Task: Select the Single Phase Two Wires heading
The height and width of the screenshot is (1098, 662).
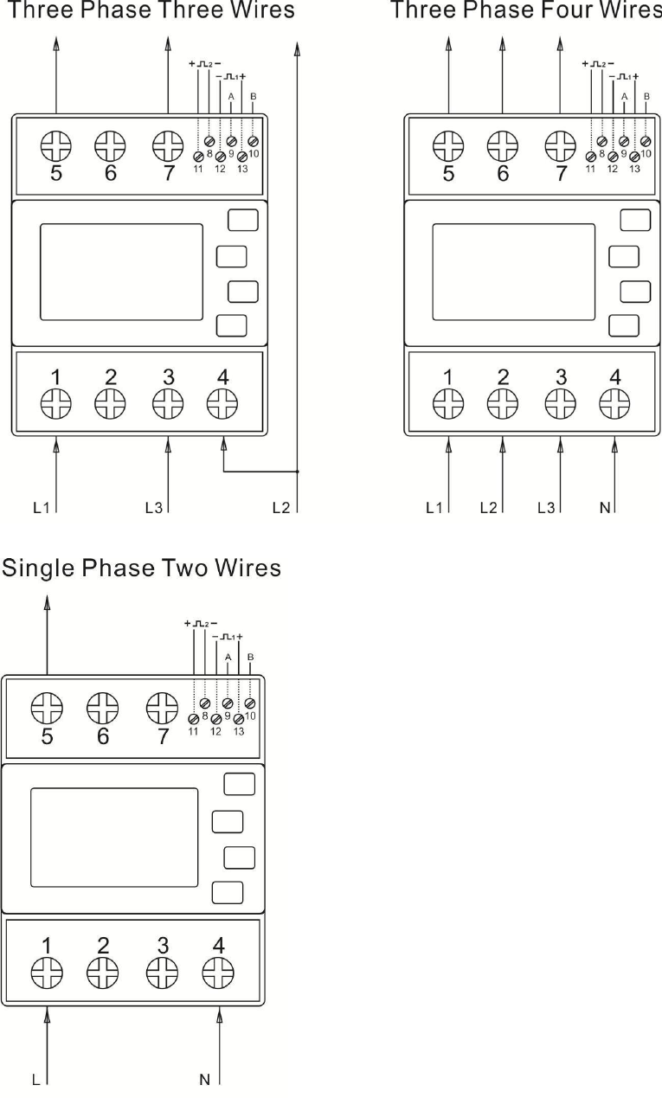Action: tap(142, 568)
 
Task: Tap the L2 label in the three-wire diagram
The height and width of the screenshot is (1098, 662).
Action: tap(280, 507)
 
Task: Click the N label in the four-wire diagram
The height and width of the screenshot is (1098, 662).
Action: tap(605, 507)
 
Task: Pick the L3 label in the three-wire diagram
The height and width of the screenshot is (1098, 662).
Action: tap(154, 507)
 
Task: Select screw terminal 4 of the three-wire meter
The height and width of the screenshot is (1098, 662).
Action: tap(222, 403)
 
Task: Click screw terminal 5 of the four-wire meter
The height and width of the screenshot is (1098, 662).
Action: tap(448, 144)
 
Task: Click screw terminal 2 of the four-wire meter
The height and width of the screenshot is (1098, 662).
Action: tap(503, 403)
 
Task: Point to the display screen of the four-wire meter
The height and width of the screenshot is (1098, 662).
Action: tap(513, 272)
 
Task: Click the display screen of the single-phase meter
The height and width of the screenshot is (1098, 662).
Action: tap(114, 833)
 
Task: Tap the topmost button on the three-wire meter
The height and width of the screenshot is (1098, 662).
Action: tap(242, 220)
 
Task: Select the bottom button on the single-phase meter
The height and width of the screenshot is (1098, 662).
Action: tap(228, 892)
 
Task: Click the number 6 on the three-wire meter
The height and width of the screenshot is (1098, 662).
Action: tap(111, 172)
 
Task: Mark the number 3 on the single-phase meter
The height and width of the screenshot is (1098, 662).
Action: tap(160, 945)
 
